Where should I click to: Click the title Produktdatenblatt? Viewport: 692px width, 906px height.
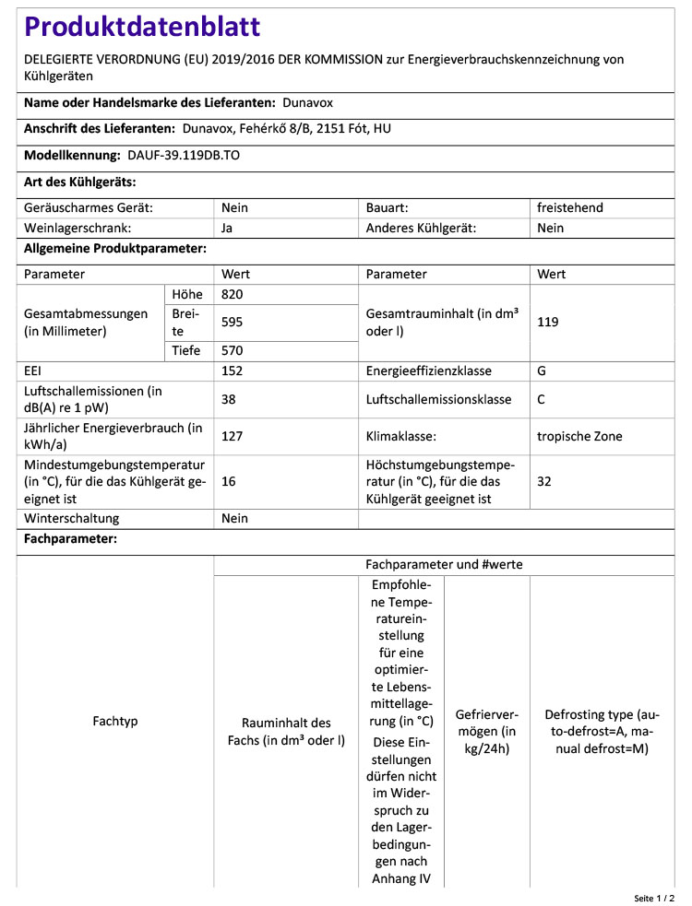142,27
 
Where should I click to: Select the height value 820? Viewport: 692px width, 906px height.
233,294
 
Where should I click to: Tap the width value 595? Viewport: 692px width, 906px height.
233,322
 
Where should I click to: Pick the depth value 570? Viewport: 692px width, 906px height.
233,350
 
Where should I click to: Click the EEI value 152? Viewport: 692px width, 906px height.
233,371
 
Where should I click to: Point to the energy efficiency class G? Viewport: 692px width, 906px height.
543,371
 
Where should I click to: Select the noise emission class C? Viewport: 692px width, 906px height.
542,399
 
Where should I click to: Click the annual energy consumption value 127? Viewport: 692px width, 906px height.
233,436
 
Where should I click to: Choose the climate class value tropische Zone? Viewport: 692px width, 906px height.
579,436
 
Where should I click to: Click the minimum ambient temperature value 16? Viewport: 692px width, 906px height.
230,481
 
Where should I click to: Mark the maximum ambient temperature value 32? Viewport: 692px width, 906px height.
544,481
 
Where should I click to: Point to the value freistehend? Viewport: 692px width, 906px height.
570,208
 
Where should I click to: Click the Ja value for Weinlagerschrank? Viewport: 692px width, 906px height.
228,228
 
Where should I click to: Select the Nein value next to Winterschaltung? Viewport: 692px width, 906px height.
235,519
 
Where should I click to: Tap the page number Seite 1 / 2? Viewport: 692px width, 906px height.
654,897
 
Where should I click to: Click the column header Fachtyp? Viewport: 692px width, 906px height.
115,721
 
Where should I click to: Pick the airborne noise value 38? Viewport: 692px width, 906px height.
230,399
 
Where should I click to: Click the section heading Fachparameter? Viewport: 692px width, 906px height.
70,539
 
